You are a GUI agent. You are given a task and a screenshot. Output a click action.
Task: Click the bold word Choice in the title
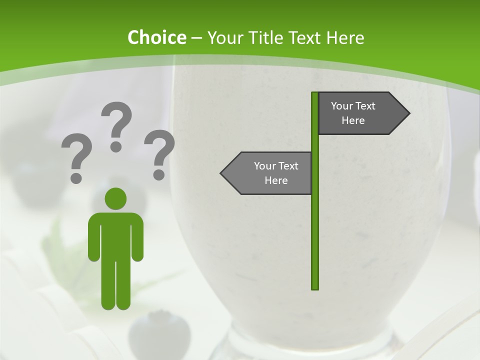click(x=156, y=37)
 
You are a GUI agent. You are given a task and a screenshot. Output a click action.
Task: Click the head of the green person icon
click(x=115, y=198)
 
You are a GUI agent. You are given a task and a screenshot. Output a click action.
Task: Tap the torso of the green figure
click(x=115, y=235)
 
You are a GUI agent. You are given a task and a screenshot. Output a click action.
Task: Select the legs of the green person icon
click(x=115, y=285)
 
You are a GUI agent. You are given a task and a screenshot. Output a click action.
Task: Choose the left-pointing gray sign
click(x=270, y=173)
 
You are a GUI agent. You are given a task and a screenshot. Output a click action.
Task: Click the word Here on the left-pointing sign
click(x=276, y=180)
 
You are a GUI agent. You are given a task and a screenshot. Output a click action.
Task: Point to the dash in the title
click(x=196, y=37)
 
